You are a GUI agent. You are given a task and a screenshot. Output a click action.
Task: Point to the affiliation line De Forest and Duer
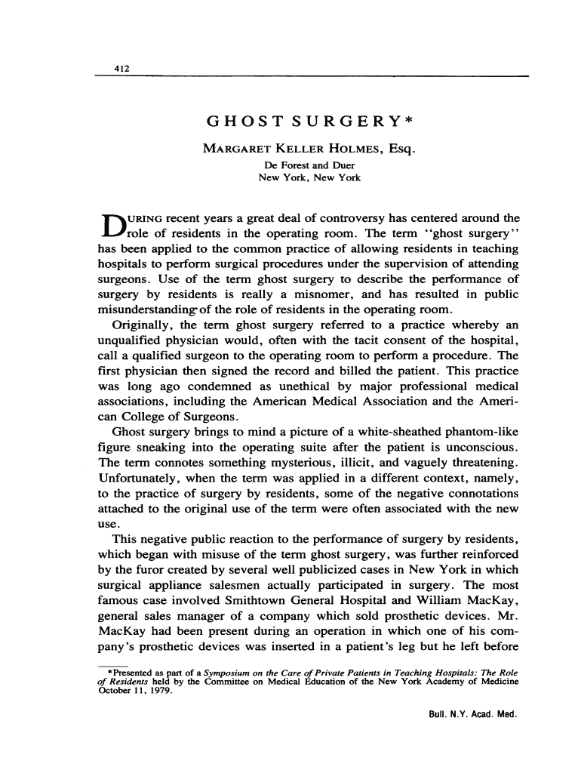pos(309,165)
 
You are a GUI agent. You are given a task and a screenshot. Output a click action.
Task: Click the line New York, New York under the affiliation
pos(309,178)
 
